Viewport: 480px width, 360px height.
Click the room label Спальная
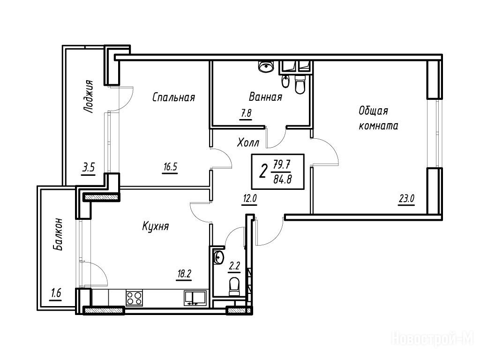pos(173,97)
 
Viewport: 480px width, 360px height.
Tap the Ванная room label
pos(265,97)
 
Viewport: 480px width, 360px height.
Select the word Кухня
pos(156,226)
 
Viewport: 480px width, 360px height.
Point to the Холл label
pos(248,142)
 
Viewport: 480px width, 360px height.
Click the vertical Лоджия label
pos(89,97)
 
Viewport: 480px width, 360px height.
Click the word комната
pos(378,126)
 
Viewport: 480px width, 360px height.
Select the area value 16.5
pos(170,167)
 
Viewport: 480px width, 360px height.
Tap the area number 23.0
pos(406,199)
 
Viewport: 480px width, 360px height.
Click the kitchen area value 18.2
pos(184,273)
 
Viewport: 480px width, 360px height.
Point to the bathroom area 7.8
pos(246,113)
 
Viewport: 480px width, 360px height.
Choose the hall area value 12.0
pos(249,199)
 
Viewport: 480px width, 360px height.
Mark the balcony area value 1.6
pos(56,293)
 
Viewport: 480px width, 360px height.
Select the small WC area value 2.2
pos(234,266)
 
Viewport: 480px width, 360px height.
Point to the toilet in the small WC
pos(235,286)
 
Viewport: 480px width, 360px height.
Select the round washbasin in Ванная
pos(266,67)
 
